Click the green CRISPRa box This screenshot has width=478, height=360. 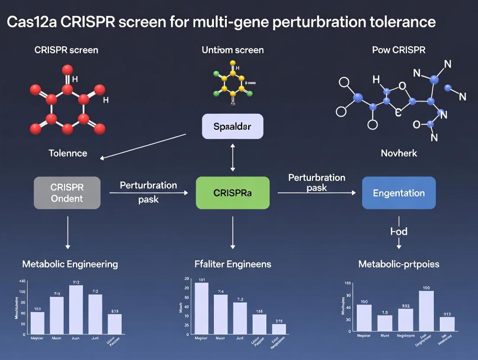click(233, 193)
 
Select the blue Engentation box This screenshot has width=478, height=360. click(399, 193)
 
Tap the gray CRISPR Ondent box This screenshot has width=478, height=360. click(67, 193)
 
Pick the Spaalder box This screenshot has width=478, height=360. click(233, 126)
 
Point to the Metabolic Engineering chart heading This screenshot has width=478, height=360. click(70, 264)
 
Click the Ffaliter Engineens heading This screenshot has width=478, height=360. click(233, 264)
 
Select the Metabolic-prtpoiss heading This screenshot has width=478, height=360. click(399, 264)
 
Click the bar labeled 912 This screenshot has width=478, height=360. click(76, 309)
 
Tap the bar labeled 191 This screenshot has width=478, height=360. click(202, 308)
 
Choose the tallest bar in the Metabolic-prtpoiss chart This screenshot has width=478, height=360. click(426, 311)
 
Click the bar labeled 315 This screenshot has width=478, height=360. click(279, 329)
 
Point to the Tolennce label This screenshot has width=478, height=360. click(68, 153)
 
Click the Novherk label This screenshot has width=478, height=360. click(399, 153)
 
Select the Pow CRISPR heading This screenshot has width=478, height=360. click(398, 50)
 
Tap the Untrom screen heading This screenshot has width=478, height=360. click(233, 50)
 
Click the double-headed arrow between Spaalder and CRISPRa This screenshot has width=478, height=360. click(233, 158)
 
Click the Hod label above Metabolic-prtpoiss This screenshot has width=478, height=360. click(399, 231)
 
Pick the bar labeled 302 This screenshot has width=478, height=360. click(405, 320)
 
